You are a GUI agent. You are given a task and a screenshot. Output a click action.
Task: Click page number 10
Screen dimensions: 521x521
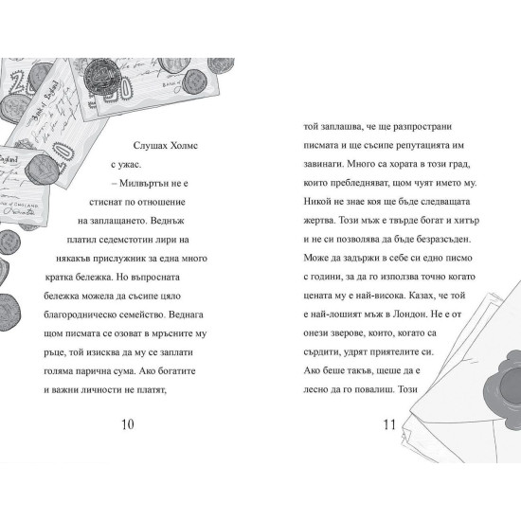128,424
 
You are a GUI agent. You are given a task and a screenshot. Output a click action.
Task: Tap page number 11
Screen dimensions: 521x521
389,424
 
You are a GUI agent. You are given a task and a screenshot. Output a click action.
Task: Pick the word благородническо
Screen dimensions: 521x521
85,315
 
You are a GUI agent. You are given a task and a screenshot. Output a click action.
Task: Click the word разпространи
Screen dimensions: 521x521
422,127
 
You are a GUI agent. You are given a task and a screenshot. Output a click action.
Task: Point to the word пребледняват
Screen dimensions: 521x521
354,183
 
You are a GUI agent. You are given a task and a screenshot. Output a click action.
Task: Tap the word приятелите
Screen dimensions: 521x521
394,351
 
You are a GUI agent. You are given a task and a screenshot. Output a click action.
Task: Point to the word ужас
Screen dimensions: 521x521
130,165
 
